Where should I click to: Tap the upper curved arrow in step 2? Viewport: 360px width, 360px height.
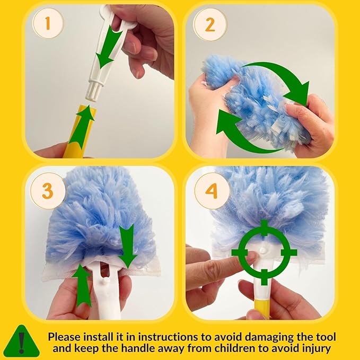coord(280,80)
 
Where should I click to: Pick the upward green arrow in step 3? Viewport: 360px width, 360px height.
coord(82,286)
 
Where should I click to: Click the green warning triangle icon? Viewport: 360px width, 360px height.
coord(21,340)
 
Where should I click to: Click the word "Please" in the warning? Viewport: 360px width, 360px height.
coord(64,337)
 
